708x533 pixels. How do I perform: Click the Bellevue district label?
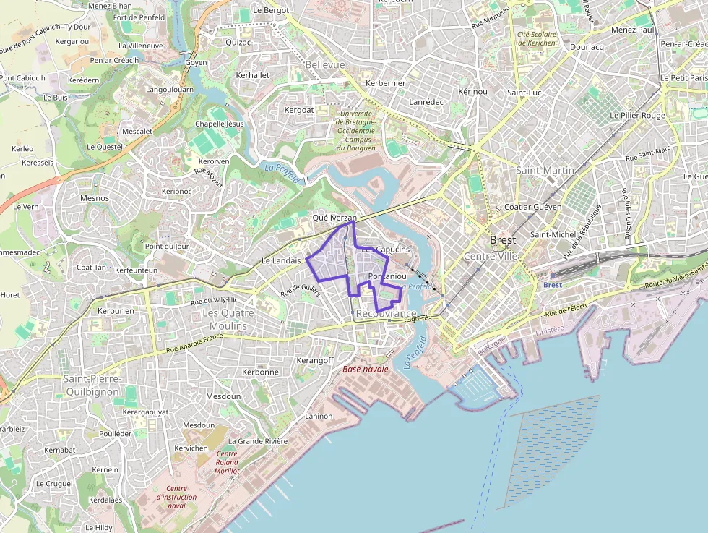[325, 64]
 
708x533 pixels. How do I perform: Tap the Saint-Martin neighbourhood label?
[545, 170]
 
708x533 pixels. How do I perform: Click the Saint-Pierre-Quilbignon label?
[92, 385]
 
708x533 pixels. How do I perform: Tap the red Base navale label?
[365, 369]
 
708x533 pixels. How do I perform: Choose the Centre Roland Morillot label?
[227, 462]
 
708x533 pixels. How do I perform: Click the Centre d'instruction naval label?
[176, 497]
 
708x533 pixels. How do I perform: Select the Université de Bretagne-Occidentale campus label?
[355, 130]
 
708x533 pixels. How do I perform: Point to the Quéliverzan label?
[334, 217]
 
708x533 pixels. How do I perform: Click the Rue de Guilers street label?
[300, 290]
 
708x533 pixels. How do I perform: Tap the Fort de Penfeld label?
[139, 17]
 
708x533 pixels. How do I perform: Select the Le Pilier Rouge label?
[637, 115]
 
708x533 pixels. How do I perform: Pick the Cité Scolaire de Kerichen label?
[536, 38]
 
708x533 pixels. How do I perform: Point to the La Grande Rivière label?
[258, 440]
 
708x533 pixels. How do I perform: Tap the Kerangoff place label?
[315, 360]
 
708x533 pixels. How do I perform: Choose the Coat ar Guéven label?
[533, 207]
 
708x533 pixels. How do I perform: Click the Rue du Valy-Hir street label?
[214, 299]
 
